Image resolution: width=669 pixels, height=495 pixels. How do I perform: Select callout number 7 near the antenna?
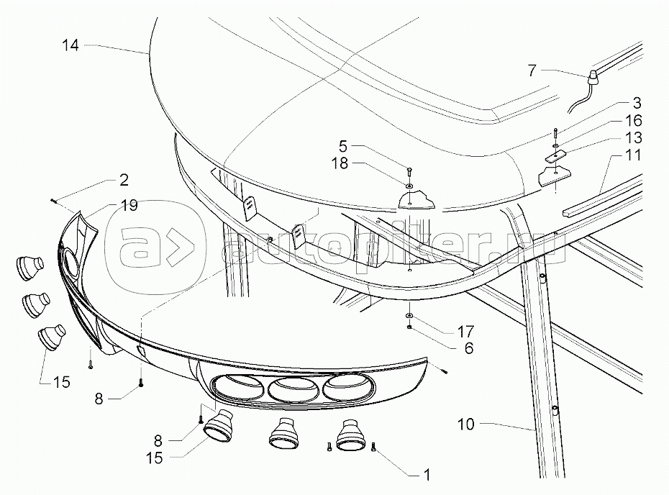click(x=532, y=71)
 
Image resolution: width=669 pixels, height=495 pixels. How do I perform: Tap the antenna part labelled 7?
click(x=593, y=77)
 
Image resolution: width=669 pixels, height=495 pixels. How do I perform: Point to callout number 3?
click(x=637, y=104)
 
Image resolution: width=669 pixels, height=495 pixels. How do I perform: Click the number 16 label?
click(x=634, y=121)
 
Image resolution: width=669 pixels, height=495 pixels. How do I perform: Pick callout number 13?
click(x=634, y=137)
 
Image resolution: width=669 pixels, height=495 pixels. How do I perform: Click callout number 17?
click(x=465, y=332)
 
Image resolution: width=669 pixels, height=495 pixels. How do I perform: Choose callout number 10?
click(x=465, y=424)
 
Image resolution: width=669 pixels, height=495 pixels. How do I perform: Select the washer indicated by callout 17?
click(x=409, y=317)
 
